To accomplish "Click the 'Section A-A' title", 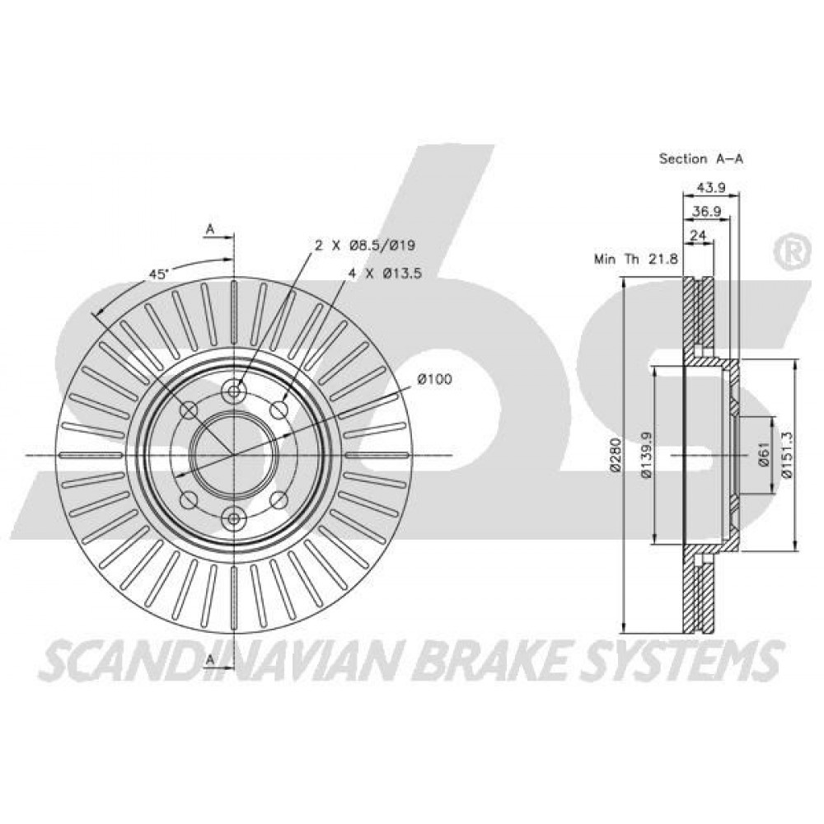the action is pos(701,159).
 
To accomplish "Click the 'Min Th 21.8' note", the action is pos(636,259).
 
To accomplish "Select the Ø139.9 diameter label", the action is pos(646,455).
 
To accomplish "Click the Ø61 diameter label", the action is pos(764,455).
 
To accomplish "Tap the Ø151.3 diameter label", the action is pos(787,455).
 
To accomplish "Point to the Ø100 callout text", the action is pos(434,379).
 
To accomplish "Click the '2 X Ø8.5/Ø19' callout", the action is pos(365,245).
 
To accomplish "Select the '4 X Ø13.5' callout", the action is pos(385,274).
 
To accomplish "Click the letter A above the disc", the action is pos(211,228).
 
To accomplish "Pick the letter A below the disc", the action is pos(211,658).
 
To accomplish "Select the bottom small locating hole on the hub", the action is pos(233,518).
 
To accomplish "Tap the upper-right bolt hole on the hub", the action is pos(279,410).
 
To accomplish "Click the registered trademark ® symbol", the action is pos(790,253).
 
